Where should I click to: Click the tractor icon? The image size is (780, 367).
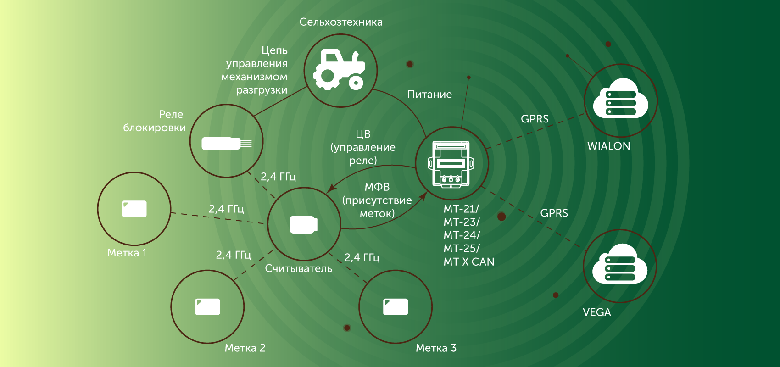click(x=340, y=70)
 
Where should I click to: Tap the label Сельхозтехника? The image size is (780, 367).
click(x=341, y=22)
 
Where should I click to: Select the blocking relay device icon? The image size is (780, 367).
click(x=227, y=144)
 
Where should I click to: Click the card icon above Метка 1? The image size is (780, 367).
click(x=134, y=209)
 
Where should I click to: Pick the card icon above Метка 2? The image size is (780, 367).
click(x=207, y=306)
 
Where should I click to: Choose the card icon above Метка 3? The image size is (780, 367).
click(x=396, y=306)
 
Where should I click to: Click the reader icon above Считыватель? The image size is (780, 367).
click(x=304, y=225)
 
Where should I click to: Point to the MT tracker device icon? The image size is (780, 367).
click(x=451, y=164)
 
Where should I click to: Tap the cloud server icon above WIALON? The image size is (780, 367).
click(x=620, y=98)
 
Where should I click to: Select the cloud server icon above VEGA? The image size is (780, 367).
click(x=620, y=264)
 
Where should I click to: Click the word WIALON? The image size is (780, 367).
click(x=609, y=146)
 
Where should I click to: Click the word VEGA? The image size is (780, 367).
click(x=597, y=312)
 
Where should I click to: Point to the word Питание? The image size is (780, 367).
click(x=430, y=95)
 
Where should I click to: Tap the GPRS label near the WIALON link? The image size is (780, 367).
click(x=535, y=119)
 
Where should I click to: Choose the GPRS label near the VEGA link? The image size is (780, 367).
click(x=554, y=213)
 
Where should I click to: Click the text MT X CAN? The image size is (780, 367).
click(x=469, y=261)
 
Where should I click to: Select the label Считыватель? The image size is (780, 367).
click(x=298, y=268)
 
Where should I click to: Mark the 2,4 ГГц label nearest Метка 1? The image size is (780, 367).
click(x=226, y=209)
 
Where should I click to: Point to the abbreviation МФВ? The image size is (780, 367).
click(x=377, y=187)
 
